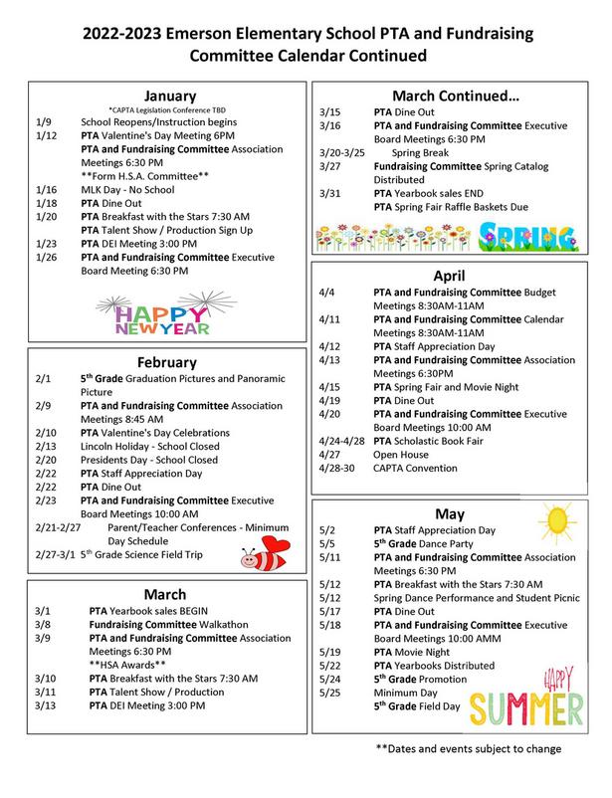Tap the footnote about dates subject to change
coord(468,748)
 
